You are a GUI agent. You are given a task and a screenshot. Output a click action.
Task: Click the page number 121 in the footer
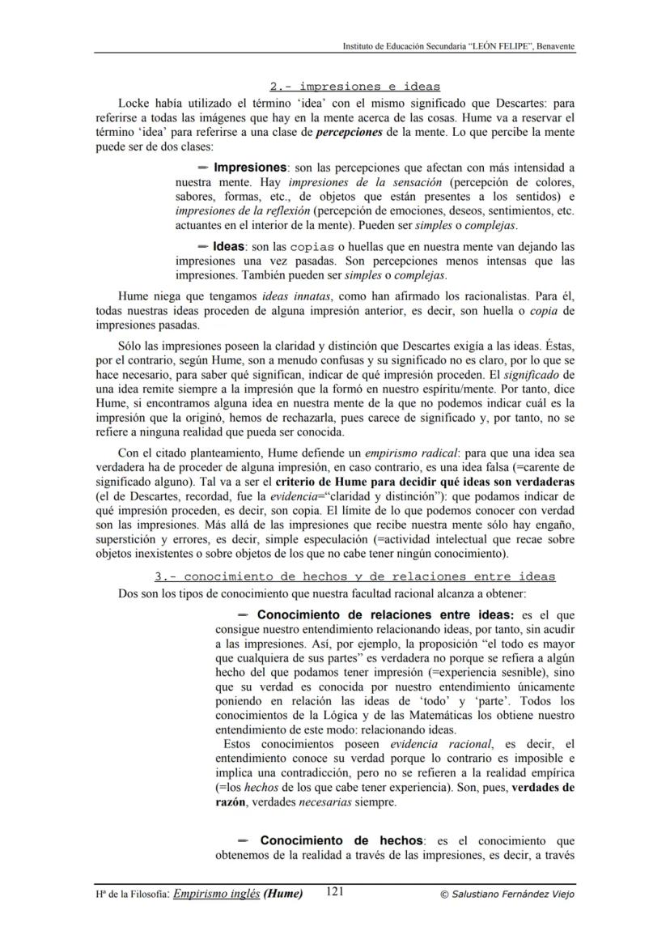[336, 892]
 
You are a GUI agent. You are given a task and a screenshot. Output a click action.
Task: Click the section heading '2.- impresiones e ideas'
[354, 87]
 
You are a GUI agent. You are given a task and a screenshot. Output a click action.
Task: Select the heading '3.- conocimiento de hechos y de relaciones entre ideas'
[355, 576]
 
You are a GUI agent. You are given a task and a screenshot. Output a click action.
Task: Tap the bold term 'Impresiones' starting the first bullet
[250, 168]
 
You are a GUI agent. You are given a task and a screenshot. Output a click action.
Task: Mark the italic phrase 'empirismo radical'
[402, 454]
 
